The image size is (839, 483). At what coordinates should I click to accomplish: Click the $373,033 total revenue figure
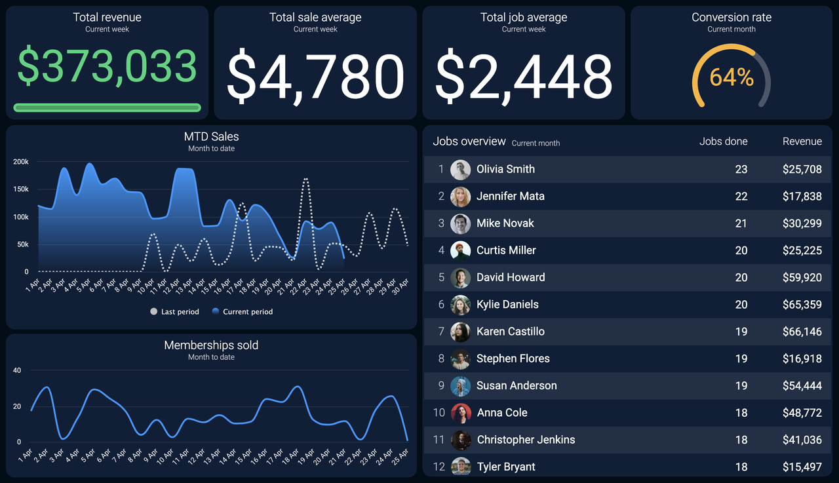click(x=107, y=66)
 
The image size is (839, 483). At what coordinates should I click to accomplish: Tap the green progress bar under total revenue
click(x=107, y=107)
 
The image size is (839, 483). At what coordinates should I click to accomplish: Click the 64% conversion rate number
click(x=732, y=77)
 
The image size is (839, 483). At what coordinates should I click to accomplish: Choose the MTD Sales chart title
click(x=211, y=136)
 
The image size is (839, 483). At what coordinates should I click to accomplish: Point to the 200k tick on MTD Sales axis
click(x=21, y=162)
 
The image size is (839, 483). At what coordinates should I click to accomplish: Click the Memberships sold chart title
click(x=211, y=345)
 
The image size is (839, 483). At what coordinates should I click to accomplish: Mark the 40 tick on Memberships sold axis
click(x=17, y=370)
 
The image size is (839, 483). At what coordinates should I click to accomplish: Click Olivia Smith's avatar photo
click(x=461, y=170)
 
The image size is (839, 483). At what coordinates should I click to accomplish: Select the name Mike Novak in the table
click(x=505, y=223)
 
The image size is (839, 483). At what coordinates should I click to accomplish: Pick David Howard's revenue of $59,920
click(x=802, y=277)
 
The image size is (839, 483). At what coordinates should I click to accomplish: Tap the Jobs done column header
click(x=723, y=142)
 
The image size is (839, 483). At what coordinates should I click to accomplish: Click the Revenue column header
click(x=802, y=142)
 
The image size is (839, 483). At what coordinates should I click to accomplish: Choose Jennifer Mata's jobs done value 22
click(x=741, y=197)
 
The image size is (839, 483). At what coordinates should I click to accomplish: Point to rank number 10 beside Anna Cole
click(x=439, y=413)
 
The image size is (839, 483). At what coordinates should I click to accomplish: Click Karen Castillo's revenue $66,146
click(x=802, y=332)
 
